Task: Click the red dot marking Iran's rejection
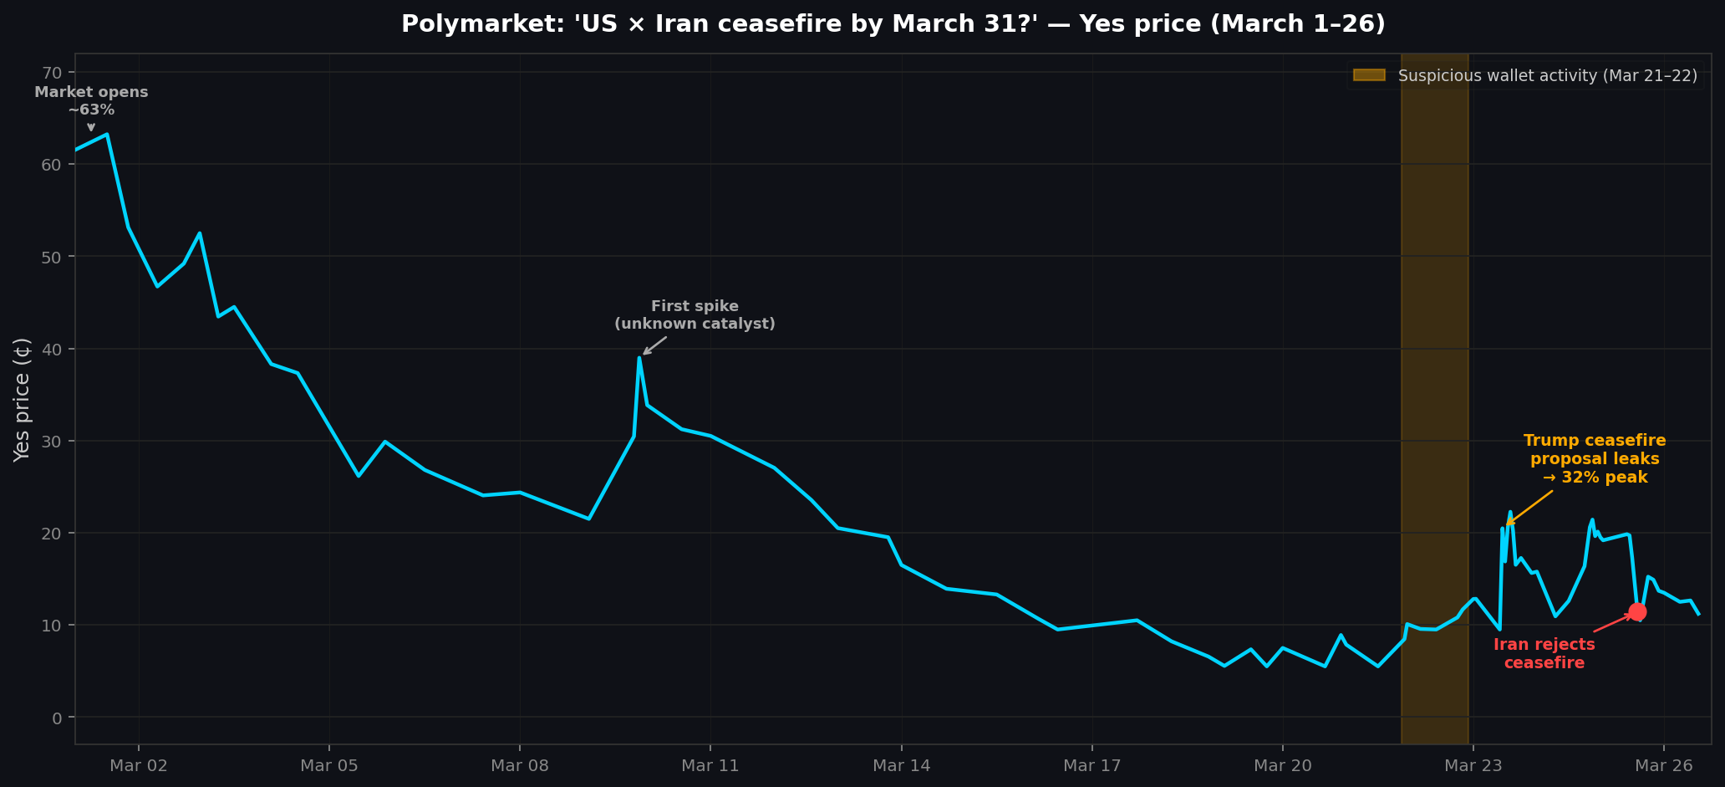click(1636, 611)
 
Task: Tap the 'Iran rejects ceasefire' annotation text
click(1544, 654)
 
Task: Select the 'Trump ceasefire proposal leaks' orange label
click(1594, 459)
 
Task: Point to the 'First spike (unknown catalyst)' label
click(695, 315)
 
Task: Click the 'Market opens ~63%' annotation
click(91, 100)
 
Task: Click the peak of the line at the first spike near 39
click(639, 358)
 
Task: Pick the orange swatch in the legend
click(1369, 75)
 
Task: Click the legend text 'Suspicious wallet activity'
click(1546, 76)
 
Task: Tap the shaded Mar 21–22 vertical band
click(1434, 335)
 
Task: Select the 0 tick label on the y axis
click(58, 718)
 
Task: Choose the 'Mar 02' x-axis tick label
click(139, 765)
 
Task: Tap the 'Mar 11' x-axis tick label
click(710, 765)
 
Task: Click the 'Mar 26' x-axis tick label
click(1663, 765)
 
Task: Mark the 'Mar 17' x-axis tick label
click(1091, 765)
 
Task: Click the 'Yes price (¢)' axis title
click(23, 399)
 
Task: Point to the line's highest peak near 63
click(107, 134)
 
